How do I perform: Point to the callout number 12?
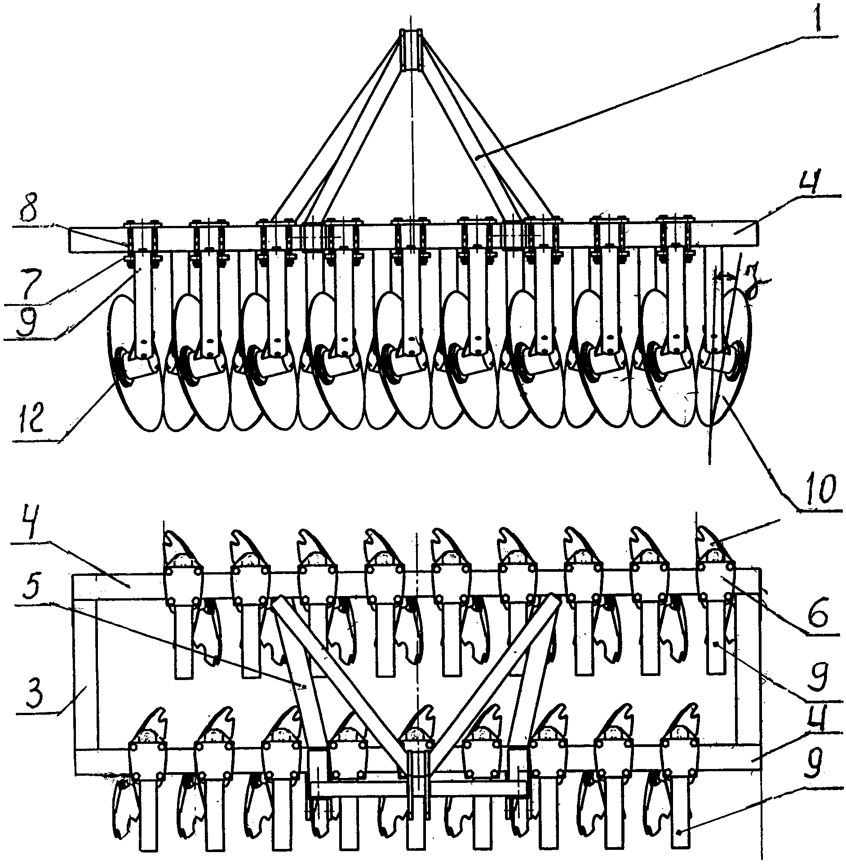[34, 421]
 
